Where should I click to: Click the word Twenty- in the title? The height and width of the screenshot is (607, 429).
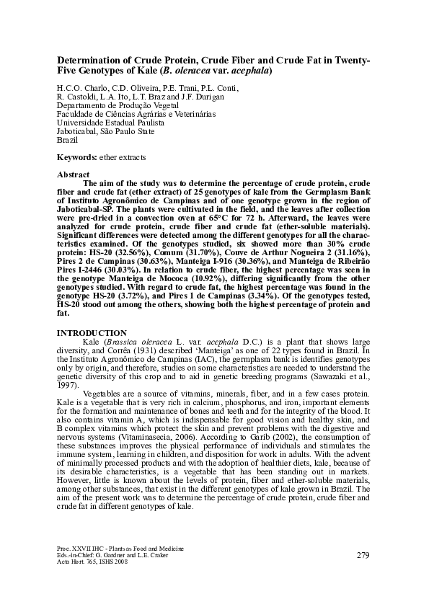350,61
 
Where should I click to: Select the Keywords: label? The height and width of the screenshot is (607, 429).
79,156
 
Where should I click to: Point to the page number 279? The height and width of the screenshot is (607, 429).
363,555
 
